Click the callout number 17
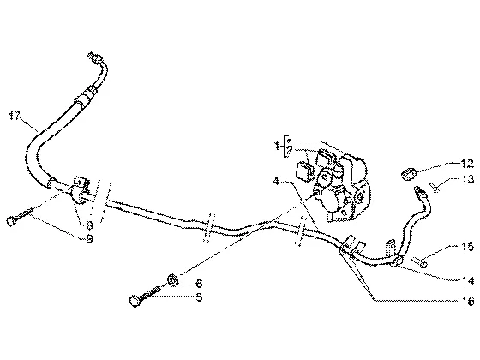[x=14, y=116]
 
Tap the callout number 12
[x=467, y=164]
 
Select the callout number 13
[x=468, y=179]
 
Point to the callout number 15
[x=468, y=247]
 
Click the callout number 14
[x=468, y=280]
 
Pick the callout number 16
[x=468, y=301]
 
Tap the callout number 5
[x=199, y=297]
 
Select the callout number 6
[x=199, y=284]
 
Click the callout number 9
[x=89, y=238]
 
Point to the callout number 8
[x=89, y=225]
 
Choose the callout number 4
[x=276, y=181]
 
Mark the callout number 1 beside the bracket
[x=277, y=146]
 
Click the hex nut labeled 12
[x=408, y=175]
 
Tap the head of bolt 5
[x=135, y=301]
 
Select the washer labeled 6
[x=173, y=279]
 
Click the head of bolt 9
[x=10, y=221]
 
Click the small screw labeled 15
[x=419, y=262]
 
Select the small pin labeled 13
[x=436, y=187]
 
